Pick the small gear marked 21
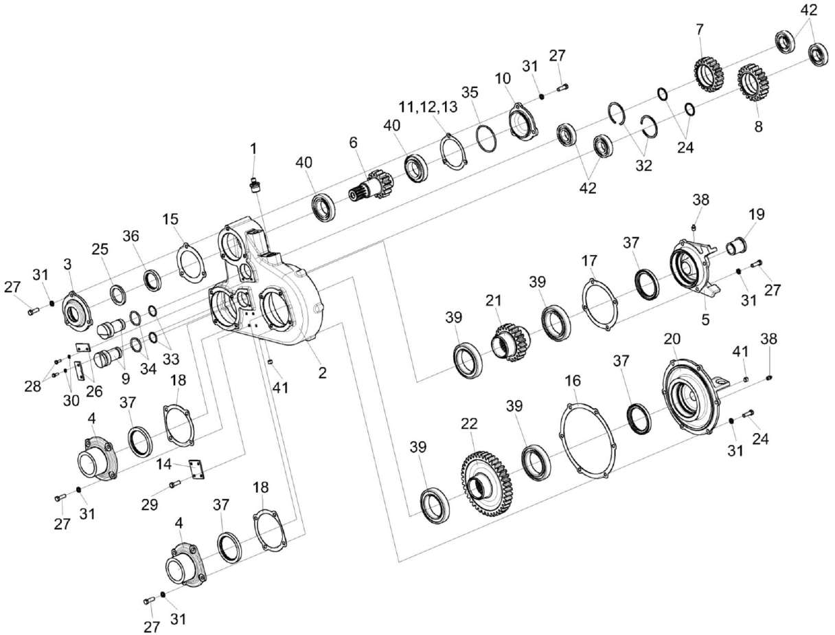point(507,338)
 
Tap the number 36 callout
point(131,235)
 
